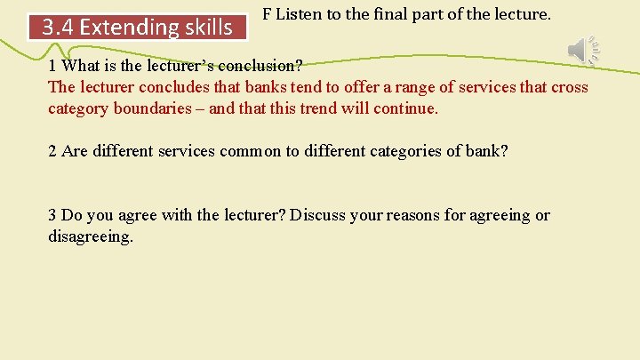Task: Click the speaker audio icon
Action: pos(583,51)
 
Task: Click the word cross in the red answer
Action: pos(570,87)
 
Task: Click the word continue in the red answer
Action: pos(410,108)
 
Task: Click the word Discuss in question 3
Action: pos(317,215)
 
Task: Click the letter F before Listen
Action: pos(267,16)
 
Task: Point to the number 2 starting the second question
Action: pos(52,151)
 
